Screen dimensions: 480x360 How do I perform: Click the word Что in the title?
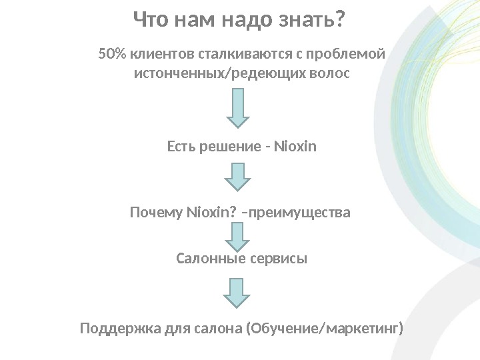coord(151,20)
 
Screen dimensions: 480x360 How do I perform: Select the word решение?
coord(226,145)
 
